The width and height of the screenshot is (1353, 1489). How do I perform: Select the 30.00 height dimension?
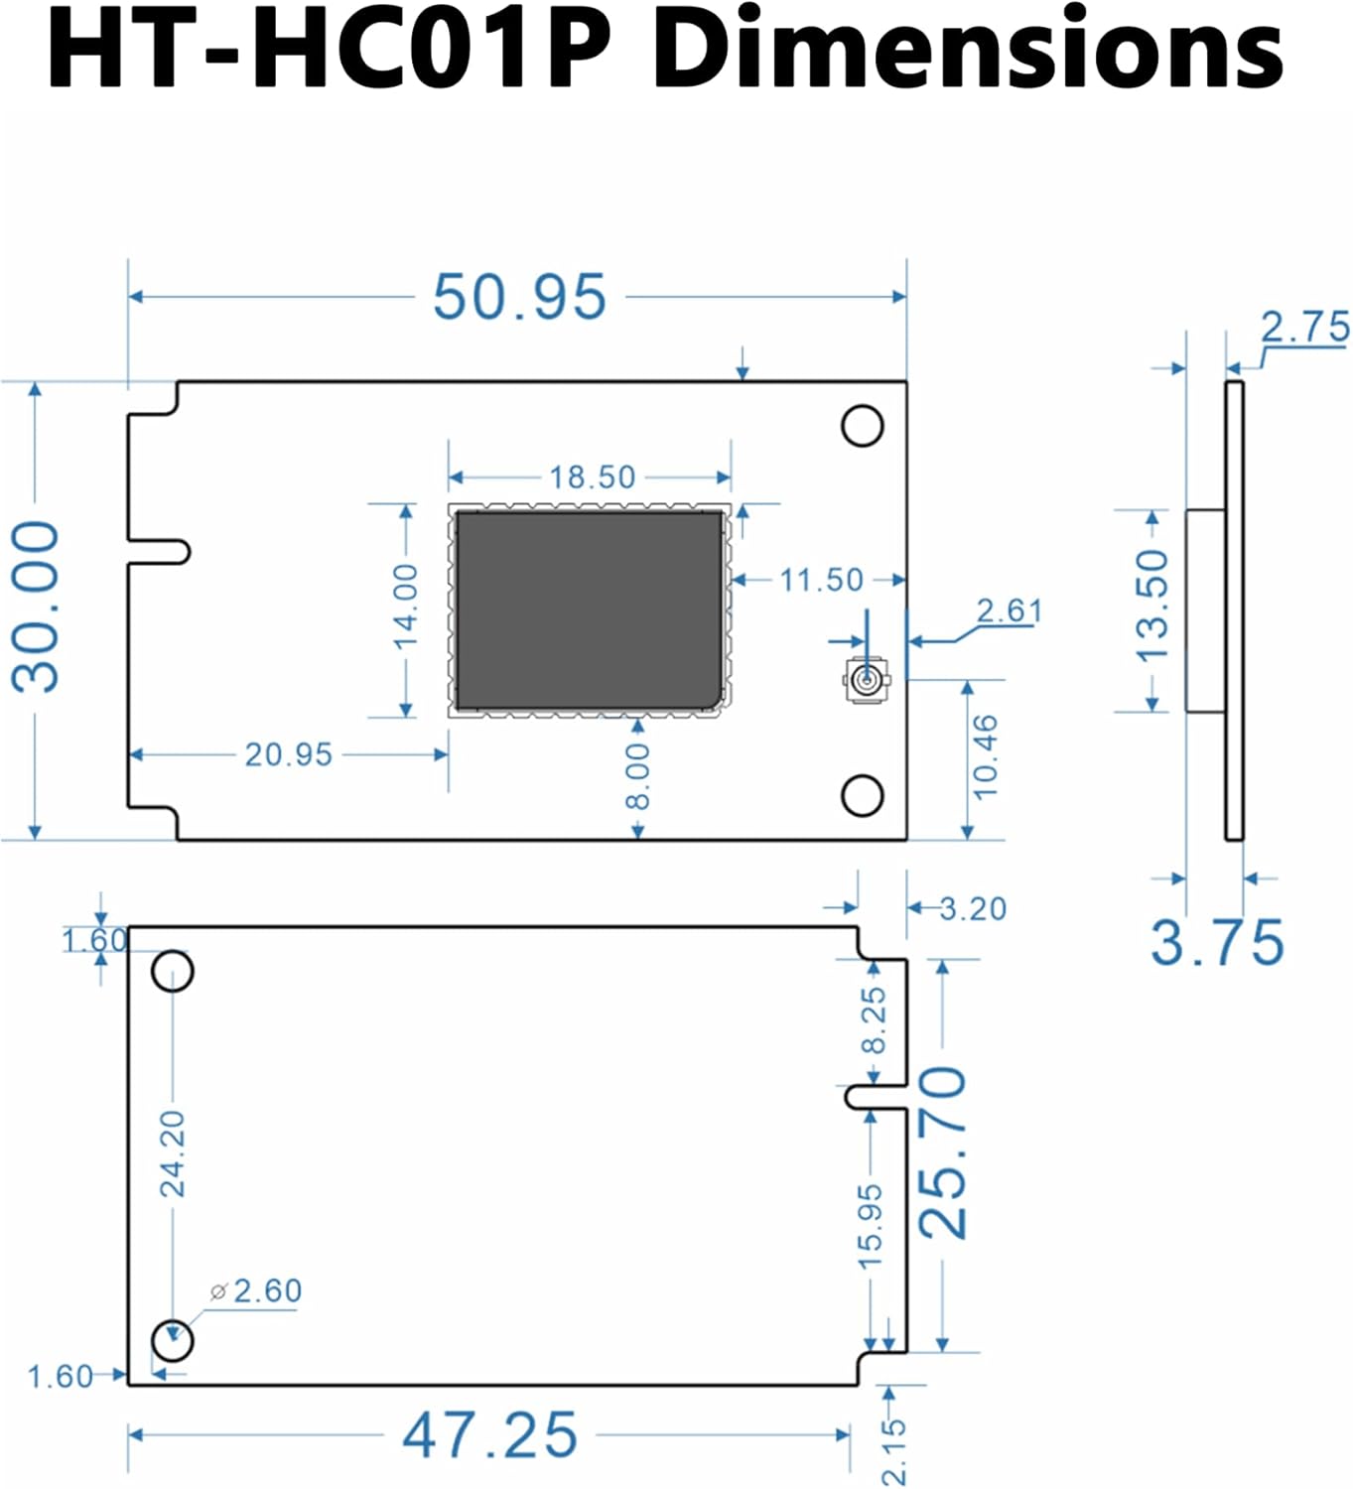(x=36, y=607)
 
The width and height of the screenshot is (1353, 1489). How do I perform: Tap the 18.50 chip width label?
(x=592, y=477)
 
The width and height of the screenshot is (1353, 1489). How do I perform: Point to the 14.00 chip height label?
(x=406, y=607)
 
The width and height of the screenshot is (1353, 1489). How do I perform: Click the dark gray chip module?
(x=589, y=609)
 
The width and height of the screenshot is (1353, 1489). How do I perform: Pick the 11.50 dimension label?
(x=821, y=580)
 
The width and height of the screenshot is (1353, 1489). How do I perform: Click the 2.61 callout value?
(x=1010, y=610)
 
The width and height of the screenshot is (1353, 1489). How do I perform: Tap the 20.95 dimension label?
(x=289, y=754)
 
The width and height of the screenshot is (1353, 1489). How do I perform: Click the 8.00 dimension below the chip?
(x=638, y=777)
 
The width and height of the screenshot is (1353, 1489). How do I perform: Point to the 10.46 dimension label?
(x=984, y=757)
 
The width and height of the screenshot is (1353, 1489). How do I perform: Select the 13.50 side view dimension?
(x=1152, y=607)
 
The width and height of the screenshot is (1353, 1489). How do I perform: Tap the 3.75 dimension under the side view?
(x=1217, y=942)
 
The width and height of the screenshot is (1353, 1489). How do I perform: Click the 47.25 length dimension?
(x=489, y=1435)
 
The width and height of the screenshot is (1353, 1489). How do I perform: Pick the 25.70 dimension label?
(x=942, y=1153)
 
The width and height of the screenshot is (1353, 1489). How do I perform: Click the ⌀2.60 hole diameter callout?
(x=256, y=1291)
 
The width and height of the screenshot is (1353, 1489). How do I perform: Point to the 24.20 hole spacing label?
(x=173, y=1154)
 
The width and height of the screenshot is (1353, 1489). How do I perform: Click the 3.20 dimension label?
(x=973, y=908)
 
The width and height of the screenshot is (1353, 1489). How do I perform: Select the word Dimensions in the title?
(x=968, y=50)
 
